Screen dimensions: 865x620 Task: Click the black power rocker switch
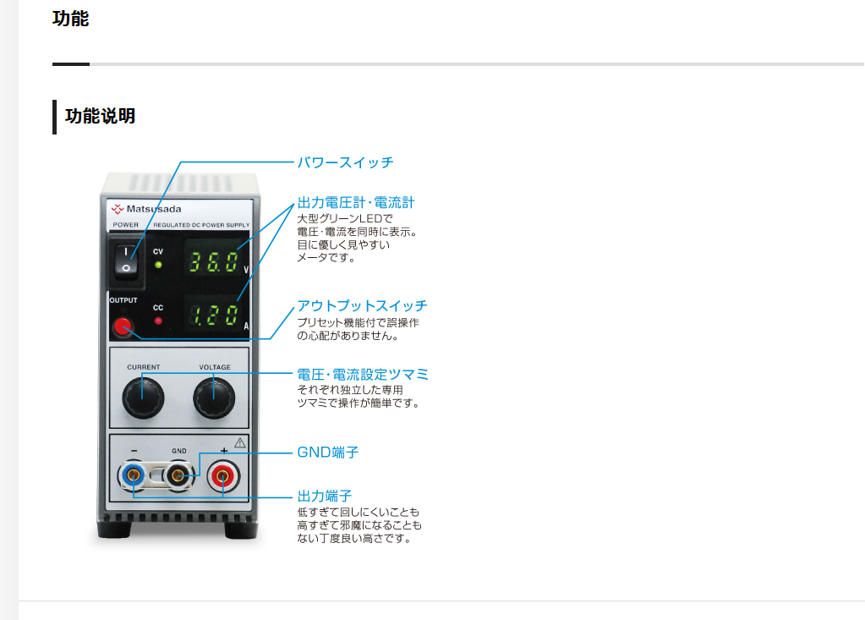pos(126,260)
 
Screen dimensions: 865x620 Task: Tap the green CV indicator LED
pos(158,265)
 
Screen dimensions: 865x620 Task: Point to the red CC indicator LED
pos(158,321)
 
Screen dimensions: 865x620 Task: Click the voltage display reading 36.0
pos(214,262)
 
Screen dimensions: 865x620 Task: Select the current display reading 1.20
pos(214,316)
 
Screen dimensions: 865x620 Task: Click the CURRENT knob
pos(143,398)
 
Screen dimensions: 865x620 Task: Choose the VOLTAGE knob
pos(214,398)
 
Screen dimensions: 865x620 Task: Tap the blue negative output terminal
pos(133,475)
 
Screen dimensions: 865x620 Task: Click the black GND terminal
pos(178,475)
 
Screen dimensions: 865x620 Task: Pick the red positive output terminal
pos(223,475)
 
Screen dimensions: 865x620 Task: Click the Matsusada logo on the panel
pos(146,209)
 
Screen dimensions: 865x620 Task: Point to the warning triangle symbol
pos(240,442)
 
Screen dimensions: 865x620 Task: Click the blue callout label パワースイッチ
pos(345,162)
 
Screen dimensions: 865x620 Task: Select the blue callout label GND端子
pos(328,453)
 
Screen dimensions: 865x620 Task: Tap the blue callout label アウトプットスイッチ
pos(362,305)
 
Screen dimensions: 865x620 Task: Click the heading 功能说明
pos(100,116)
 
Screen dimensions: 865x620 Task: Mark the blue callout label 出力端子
pos(325,496)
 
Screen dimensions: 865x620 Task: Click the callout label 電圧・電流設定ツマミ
pos(363,375)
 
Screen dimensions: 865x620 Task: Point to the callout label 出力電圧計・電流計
pos(356,202)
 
